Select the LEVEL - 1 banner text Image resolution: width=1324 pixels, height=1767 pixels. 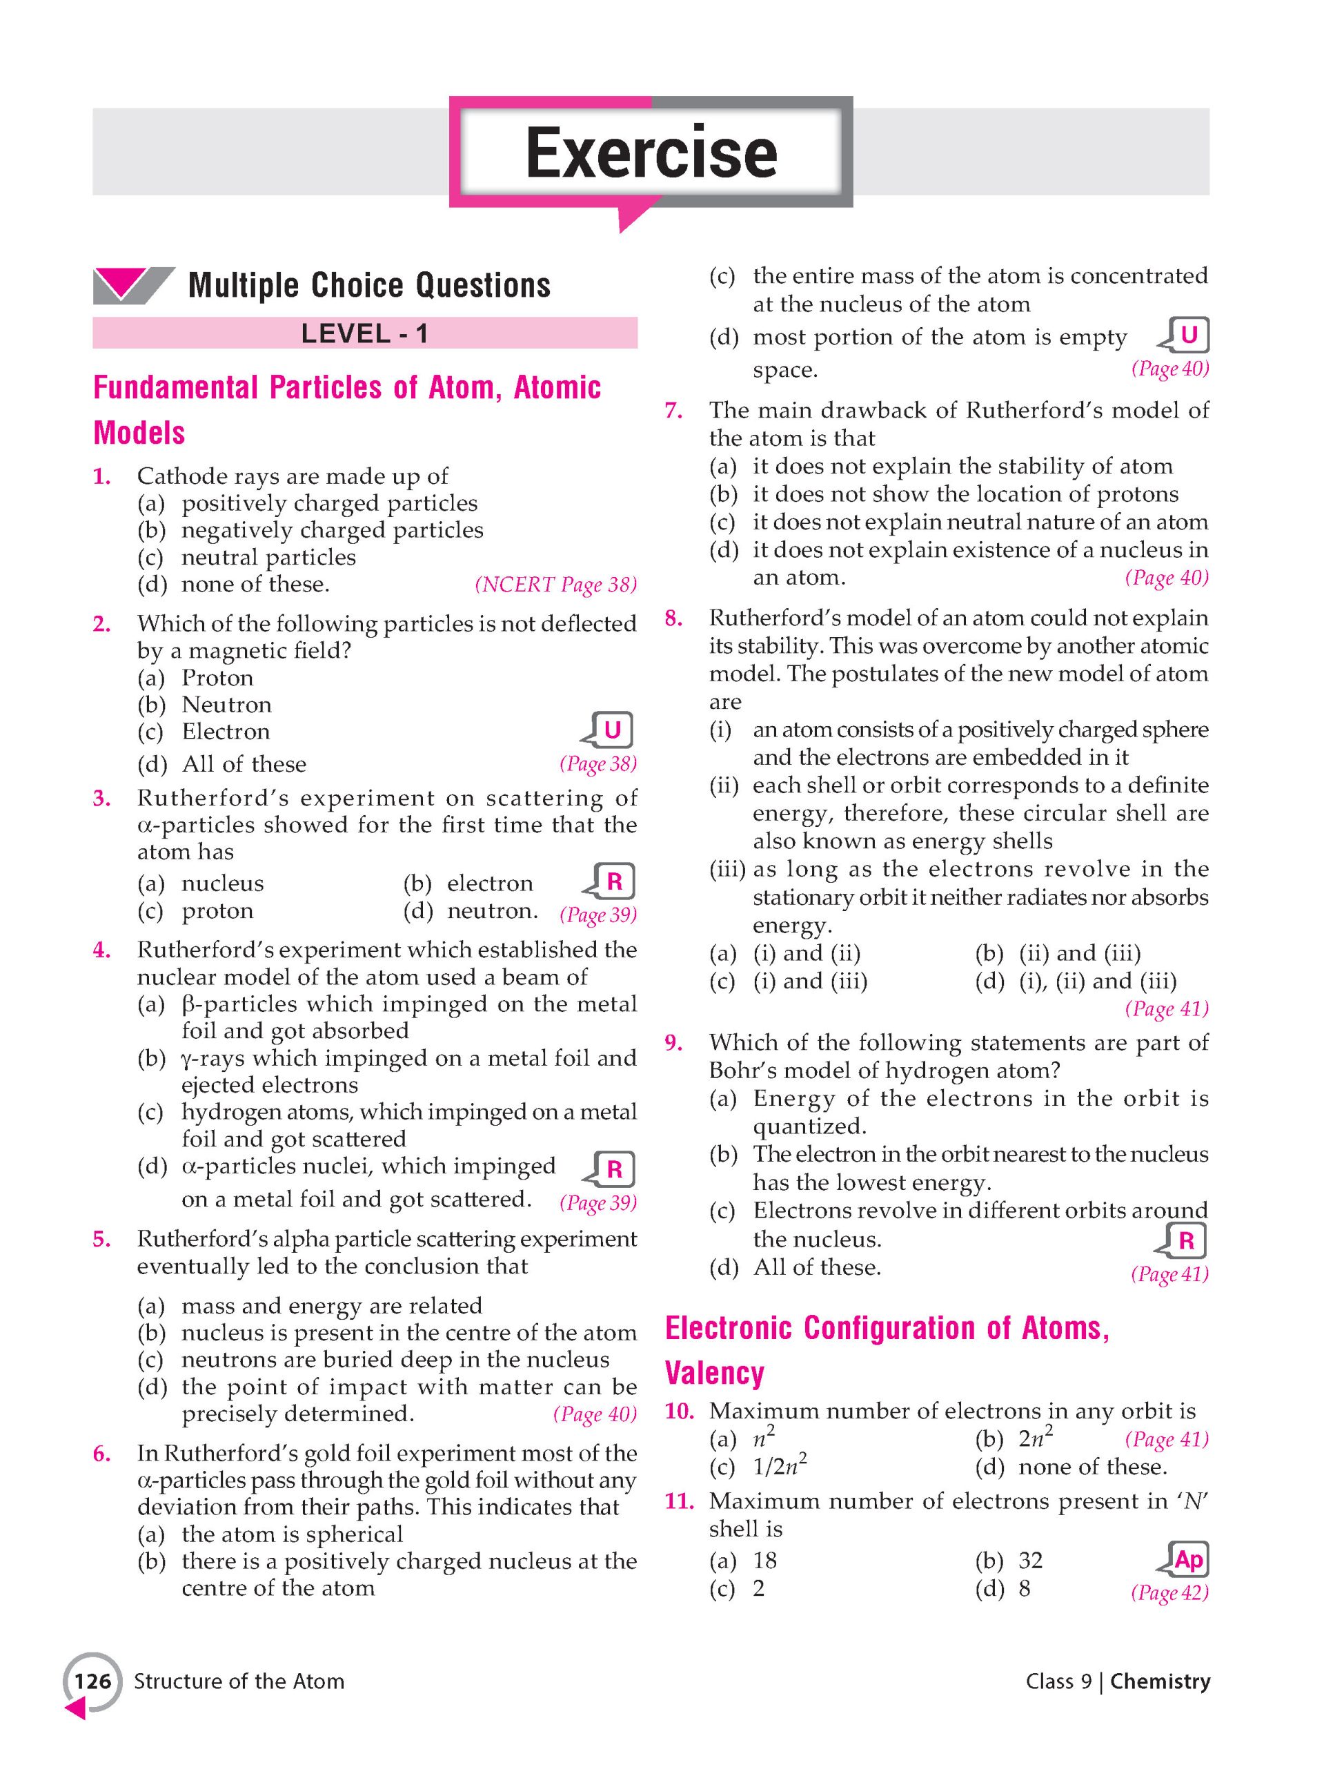(364, 333)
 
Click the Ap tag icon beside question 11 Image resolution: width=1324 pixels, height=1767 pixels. (1186, 1559)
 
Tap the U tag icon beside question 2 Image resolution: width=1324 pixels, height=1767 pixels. (611, 730)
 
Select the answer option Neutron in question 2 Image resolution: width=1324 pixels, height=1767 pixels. (227, 705)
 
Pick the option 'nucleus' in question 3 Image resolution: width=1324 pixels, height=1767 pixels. (222, 883)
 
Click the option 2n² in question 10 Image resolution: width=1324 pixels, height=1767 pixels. (1035, 1438)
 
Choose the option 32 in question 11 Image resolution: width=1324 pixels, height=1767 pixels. (1031, 1560)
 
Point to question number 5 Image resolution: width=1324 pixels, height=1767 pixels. (101, 1239)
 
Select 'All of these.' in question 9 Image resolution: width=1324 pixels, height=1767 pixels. (817, 1268)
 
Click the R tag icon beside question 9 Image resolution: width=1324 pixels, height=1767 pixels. (1186, 1240)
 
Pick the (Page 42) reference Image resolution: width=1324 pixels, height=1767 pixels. (1169, 1593)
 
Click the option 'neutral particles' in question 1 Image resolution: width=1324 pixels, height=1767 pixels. (268, 558)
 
